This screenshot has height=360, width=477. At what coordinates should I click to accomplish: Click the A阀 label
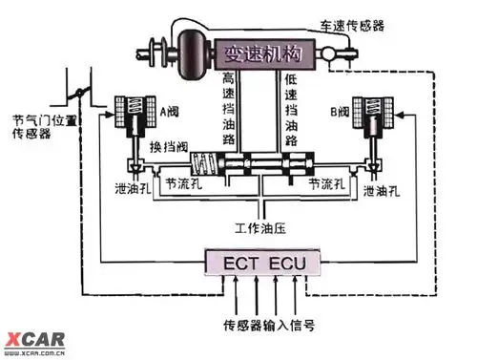(169, 112)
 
